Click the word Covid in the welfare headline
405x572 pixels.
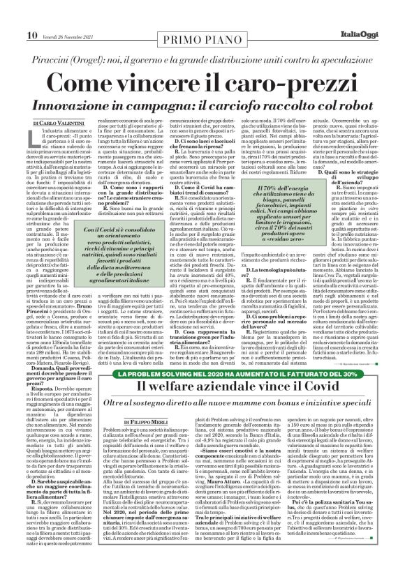coord(292,382)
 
